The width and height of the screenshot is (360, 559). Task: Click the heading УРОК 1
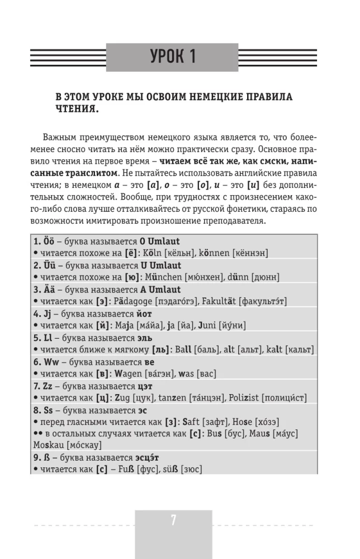tap(173, 56)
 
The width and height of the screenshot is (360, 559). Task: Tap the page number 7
tap(173, 520)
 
